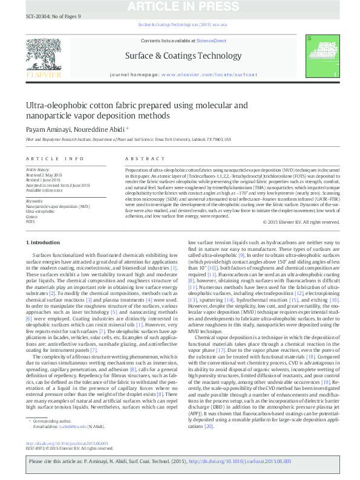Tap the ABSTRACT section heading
point(136,158)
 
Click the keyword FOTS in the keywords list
point(30,222)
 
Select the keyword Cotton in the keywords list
point(31,216)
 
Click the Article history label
point(38,170)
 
